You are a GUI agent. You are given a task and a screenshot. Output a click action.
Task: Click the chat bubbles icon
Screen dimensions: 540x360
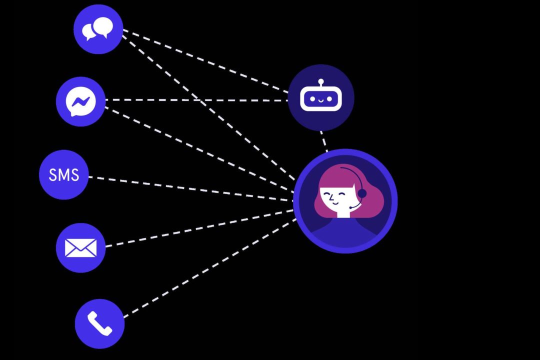(97, 28)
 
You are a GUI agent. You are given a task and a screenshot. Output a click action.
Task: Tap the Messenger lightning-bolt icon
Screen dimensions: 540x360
(81, 101)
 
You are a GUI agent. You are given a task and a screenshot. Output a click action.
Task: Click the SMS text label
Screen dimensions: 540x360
(64, 174)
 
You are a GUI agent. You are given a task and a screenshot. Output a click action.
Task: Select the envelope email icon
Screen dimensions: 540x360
(81, 247)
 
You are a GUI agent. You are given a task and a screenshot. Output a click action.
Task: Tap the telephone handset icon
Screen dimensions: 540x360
(99, 323)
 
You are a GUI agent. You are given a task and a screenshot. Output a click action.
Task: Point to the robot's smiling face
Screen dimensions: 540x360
(321, 99)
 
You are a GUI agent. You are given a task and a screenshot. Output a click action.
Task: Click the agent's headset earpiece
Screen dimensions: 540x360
(362, 193)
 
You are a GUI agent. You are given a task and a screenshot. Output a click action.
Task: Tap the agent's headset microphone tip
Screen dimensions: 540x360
(350, 207)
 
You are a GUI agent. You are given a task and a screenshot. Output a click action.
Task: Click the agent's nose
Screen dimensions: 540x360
(330, 198)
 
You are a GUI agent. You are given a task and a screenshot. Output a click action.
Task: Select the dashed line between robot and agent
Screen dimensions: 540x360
(324, 141)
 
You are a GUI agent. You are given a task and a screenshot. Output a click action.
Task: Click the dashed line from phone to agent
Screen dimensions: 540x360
(210, 267)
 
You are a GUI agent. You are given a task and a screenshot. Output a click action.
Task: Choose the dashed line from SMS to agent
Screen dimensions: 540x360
(191, 188)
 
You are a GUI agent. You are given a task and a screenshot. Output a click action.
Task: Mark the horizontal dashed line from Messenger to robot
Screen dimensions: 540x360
(196, 100)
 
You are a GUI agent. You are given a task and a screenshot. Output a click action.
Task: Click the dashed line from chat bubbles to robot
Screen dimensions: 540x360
(205, 61)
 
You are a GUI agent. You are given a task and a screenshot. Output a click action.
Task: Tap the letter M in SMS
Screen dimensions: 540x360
(64, 174)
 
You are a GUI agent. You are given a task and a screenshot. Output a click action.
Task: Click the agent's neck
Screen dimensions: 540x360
(342, 213)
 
